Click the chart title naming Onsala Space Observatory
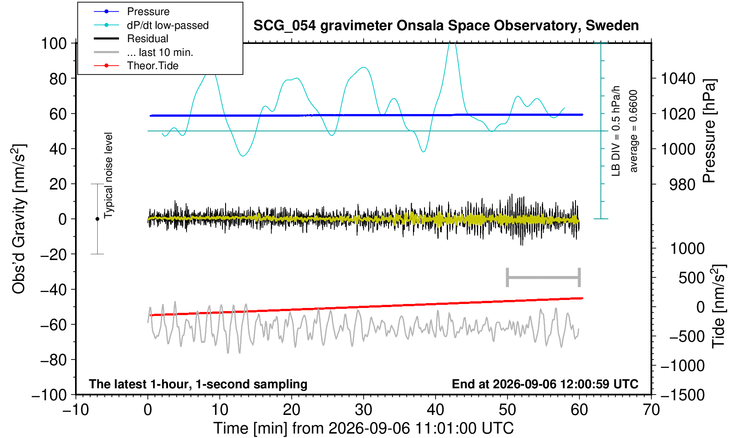pos(446,26)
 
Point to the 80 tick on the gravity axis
pos(58,79)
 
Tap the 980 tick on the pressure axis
pos(682,185)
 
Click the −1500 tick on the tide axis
pos(682,395)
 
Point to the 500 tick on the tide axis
pos(692,278)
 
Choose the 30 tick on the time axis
pos(363,410)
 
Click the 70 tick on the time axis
pos(651,410)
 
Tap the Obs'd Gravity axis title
pos(19,219)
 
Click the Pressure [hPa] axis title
pos(710,131)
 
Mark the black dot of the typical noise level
pos(97,219)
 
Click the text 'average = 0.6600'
pos(634,131)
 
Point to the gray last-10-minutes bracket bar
pos(544,277)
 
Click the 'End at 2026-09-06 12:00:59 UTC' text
pos(545,384)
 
